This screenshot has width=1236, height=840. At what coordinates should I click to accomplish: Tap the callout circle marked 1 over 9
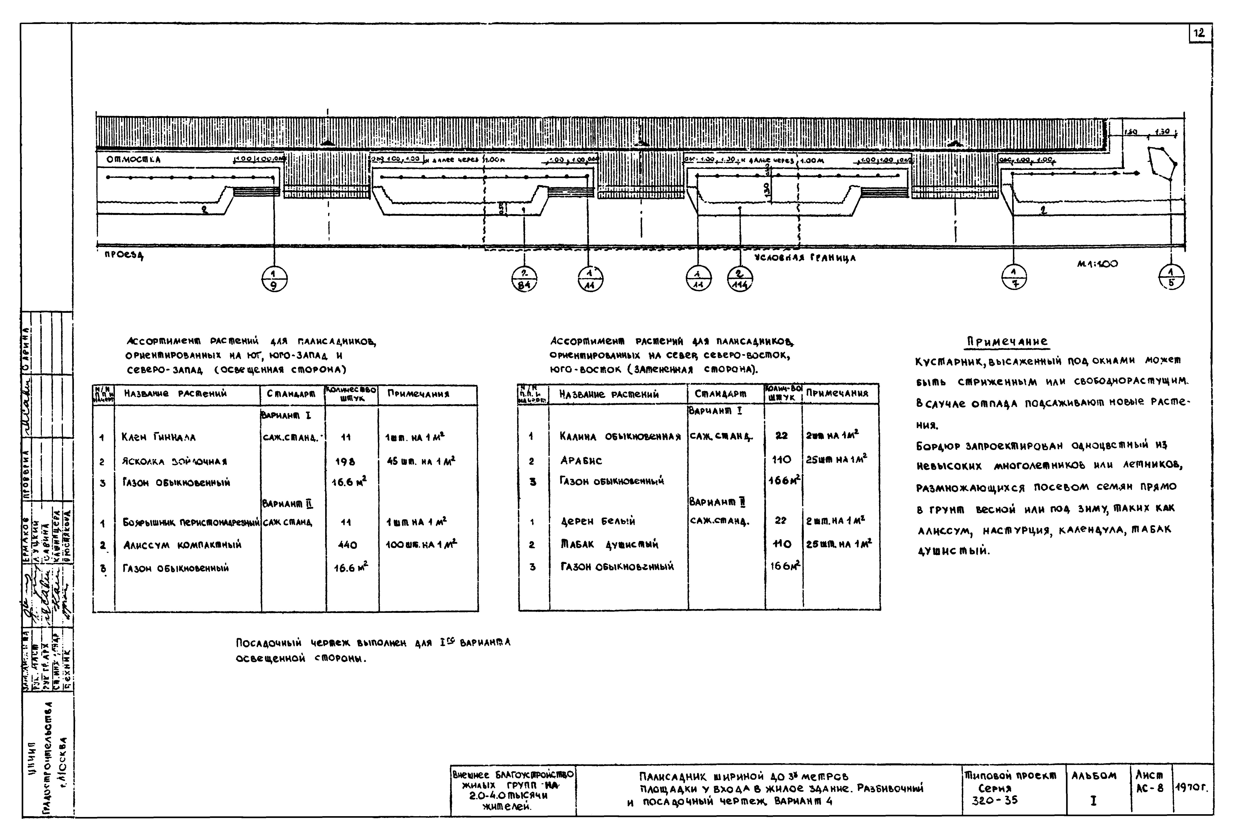[x=275, y=278]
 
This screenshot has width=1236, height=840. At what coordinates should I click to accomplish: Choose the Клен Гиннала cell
[x=158, y=438]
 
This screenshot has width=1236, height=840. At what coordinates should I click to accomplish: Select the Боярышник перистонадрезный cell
[x=190, y=523]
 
